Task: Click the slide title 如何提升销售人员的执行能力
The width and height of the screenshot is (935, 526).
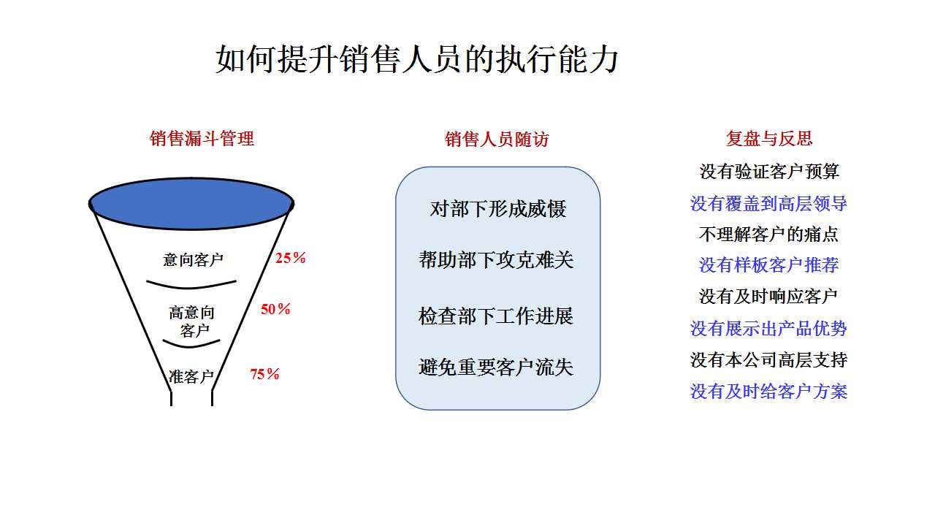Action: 416,59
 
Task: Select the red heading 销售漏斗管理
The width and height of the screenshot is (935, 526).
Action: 202,139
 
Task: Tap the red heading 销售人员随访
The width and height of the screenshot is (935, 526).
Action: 497,139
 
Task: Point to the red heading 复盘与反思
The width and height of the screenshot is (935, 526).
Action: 769,139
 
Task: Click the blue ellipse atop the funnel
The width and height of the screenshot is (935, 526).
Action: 191,204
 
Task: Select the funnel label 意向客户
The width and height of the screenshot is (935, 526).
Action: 194,259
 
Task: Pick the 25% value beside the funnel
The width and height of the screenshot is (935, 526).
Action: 291,258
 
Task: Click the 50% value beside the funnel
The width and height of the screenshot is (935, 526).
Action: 275,309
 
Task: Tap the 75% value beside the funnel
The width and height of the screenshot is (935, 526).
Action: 264,374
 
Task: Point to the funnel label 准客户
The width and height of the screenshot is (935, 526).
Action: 191,376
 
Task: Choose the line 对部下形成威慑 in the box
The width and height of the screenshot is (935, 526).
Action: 498,209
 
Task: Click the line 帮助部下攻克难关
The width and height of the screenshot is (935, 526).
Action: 496,259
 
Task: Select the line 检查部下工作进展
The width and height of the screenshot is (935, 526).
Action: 496,316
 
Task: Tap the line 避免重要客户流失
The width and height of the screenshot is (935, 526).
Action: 496,367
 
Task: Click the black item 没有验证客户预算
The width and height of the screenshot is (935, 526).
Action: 769,172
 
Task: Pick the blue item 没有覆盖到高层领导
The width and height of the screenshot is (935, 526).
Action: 769,204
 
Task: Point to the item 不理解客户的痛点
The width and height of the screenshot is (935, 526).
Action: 769,235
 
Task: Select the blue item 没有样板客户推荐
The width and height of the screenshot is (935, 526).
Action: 769,264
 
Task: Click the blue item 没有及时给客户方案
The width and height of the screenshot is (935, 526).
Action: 769,392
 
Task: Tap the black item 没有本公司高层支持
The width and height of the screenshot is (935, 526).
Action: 769,360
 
